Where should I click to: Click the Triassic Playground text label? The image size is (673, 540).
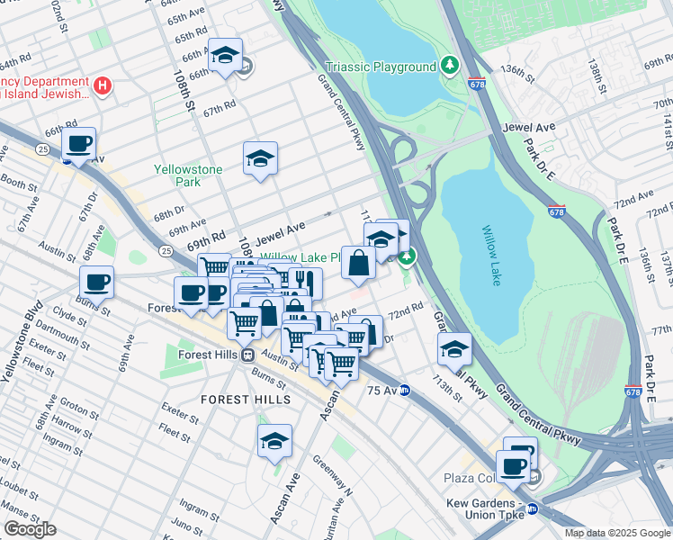point(381,67)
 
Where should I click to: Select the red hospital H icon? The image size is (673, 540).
point(103,86)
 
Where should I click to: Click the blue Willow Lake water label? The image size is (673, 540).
point(490,256)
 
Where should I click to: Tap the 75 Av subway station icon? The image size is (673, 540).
point(405,391)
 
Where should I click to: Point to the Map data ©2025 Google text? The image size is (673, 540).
point(616,533)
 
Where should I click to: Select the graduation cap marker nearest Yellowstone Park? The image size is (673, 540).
point(260,158)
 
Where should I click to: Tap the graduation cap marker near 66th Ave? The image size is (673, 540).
point(224,55)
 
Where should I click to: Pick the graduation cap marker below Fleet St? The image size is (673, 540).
point(274,441)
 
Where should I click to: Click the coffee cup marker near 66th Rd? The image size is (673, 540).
point(78,143)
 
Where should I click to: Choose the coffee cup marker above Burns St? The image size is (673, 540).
point(96,282)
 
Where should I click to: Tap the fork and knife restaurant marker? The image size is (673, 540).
point(305,283)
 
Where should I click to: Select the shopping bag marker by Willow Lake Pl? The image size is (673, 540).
point(358,263)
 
